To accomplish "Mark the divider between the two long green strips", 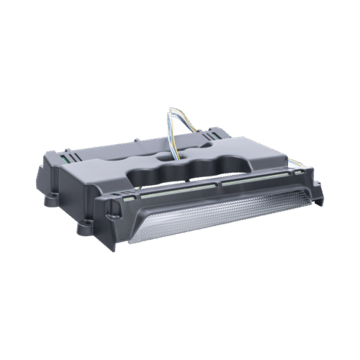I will pos(218,182).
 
